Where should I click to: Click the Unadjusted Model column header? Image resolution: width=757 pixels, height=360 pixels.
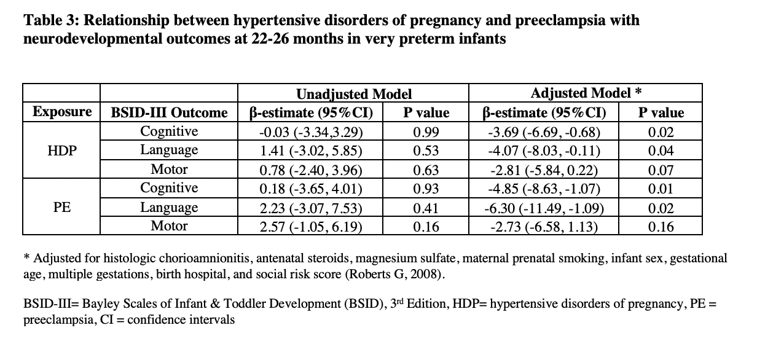tap(354, 94)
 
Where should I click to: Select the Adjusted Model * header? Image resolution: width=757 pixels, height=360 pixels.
tap(586, 93)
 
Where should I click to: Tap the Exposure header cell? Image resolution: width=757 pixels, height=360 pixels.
tap(62, 112)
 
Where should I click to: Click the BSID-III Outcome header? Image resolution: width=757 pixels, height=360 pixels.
tap(170, 112)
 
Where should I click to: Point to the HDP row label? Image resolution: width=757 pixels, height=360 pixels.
tap(62, 151)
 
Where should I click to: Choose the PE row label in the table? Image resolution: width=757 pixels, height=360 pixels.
tap(62, 207)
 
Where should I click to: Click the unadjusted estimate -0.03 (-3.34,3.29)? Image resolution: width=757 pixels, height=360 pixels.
tap(311, 132)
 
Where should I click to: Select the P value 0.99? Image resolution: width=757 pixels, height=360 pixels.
tap(426, 132)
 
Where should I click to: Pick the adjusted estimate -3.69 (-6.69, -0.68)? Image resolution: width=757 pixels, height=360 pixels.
tap(544, 132)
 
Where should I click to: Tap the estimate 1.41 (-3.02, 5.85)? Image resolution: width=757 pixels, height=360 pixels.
tap(311, 151)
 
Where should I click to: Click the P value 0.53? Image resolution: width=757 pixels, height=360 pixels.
tap(426, 151)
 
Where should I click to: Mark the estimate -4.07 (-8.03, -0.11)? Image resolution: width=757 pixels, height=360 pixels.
tap(544, 151)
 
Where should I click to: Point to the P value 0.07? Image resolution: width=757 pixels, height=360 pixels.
tap(661, 170)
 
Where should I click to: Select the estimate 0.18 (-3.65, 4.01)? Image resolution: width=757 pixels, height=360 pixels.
tap(311, 189)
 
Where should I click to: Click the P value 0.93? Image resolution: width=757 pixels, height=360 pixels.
tap(426, 189)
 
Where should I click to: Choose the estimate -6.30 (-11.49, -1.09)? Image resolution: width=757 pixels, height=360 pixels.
tap(544, 208)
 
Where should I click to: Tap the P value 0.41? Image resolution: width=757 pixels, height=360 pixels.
tap(426, 208)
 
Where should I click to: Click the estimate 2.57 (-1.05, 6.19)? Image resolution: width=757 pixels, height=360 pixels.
tap(311, 227)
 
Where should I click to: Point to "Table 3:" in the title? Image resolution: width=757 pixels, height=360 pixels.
tap(51, 20)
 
